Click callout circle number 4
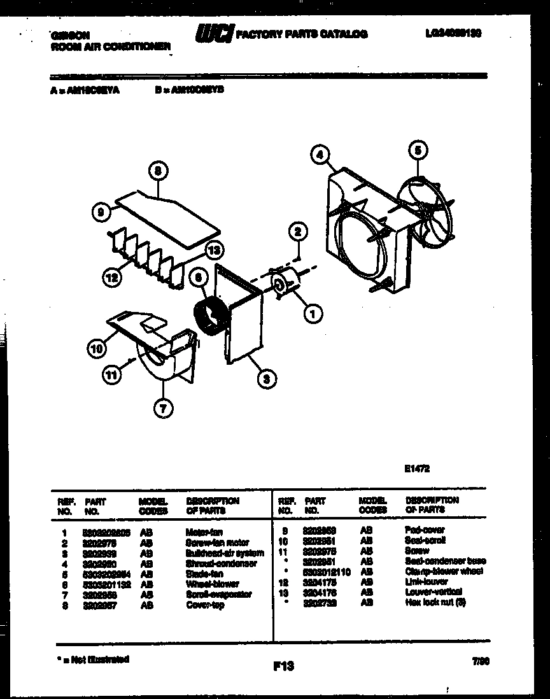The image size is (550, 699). (321, 154)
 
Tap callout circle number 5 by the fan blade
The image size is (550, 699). (417, 151)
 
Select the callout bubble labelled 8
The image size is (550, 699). (159, 171)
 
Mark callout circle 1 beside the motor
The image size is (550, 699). (313, 313)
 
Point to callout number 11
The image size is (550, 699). (112, 376)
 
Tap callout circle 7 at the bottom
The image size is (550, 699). (163, 409)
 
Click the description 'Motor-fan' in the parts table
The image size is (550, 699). (204, 532)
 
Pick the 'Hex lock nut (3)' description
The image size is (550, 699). (435, 602)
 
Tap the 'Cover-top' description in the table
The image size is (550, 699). (205, 605)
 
